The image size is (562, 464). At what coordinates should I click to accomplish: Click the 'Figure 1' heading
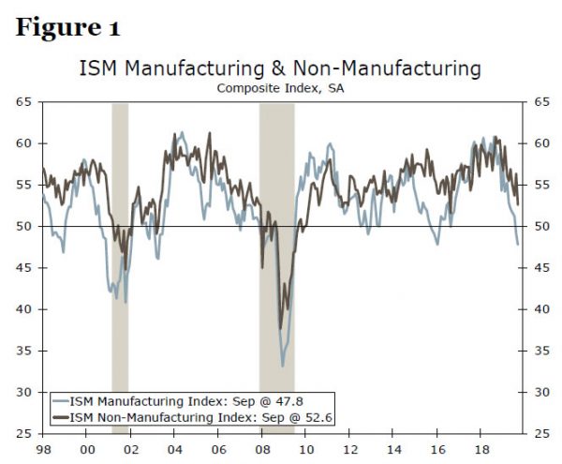[67, 27]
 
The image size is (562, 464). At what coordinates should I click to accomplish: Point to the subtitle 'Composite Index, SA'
[281, 88]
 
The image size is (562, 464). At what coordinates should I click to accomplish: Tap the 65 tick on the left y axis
[23, 102]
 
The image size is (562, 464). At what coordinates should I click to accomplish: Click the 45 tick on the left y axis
[23, 268]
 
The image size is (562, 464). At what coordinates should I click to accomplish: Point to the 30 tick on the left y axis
[23, 392]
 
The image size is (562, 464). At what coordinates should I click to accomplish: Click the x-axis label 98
[41, 449]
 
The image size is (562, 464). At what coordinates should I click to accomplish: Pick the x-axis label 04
[174, 449]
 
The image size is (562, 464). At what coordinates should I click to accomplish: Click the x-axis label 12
[350, 449]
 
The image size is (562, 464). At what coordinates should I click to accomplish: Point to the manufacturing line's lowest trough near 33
[283, 366]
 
